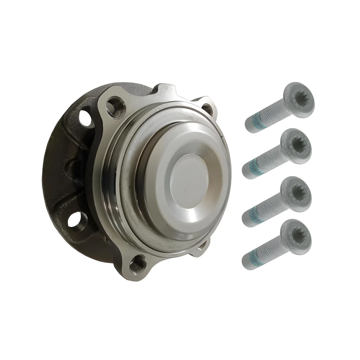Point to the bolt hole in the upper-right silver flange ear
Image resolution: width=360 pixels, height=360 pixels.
pyautogui.click(x=207, y=108)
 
